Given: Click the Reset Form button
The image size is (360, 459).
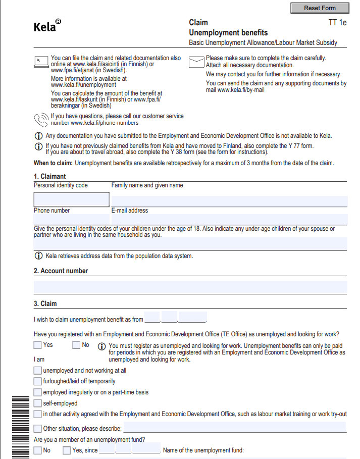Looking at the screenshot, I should pyautogui.click(x=320, y=8).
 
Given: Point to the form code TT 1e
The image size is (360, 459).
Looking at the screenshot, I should pyautogui.click(x=338, y=23).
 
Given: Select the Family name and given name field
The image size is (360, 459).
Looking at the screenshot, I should pyautogui.click(x=229, y=201).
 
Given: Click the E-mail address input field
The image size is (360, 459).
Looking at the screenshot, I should pyautogui.click(x=229, y=219).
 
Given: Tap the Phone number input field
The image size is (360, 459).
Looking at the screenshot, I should pyautogui.click(x=71, y=219).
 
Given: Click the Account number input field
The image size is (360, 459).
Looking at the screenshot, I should pyautogui.click(x=190, y=287).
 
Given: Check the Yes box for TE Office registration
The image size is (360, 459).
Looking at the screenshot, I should pyautogui.click(x=37, y=345).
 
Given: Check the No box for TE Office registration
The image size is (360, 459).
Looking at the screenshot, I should pyautogui.click(x=76, y=345).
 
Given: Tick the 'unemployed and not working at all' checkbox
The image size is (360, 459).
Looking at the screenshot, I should pyautogui.click(x=37, y=371).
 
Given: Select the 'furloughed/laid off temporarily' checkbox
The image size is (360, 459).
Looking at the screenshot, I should pyautogui.click(x=37, y=381).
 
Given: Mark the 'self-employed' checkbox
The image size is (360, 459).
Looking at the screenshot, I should pyautogui.click(x=37, y=403).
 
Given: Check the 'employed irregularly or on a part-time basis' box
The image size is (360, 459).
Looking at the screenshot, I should pyautogui.click(x=37, y=392).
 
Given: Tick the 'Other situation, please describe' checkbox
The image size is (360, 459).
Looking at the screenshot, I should pyautogui.click(x=37, y=429).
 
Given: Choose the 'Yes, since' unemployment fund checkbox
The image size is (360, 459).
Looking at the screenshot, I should pyautogui.click(x=67, y=450).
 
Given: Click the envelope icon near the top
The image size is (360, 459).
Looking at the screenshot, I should pyautogui.click(x=196, y=62).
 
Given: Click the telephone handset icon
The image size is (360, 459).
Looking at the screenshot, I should pyautogui.click(x=40, y=120).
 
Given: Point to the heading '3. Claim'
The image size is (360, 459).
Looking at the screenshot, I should pyautogui.click(x=45, y=304).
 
